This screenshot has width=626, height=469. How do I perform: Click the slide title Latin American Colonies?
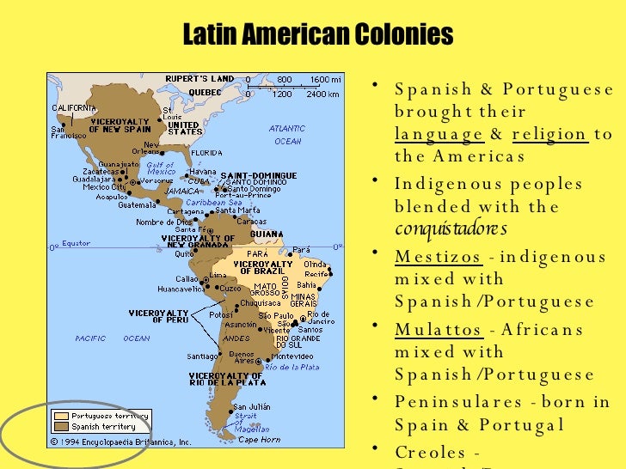(319, 35)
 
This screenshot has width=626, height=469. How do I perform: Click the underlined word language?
(439, 135)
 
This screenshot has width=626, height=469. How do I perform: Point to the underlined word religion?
(549, 135)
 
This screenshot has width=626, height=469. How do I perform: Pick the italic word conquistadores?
(451, 229)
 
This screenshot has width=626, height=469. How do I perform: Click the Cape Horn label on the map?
(259, 440)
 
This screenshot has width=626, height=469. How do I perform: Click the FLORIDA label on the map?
(206, 153)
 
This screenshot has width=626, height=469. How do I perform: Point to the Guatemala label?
(138, 204)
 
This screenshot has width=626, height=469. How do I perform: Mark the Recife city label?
(316, 274)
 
